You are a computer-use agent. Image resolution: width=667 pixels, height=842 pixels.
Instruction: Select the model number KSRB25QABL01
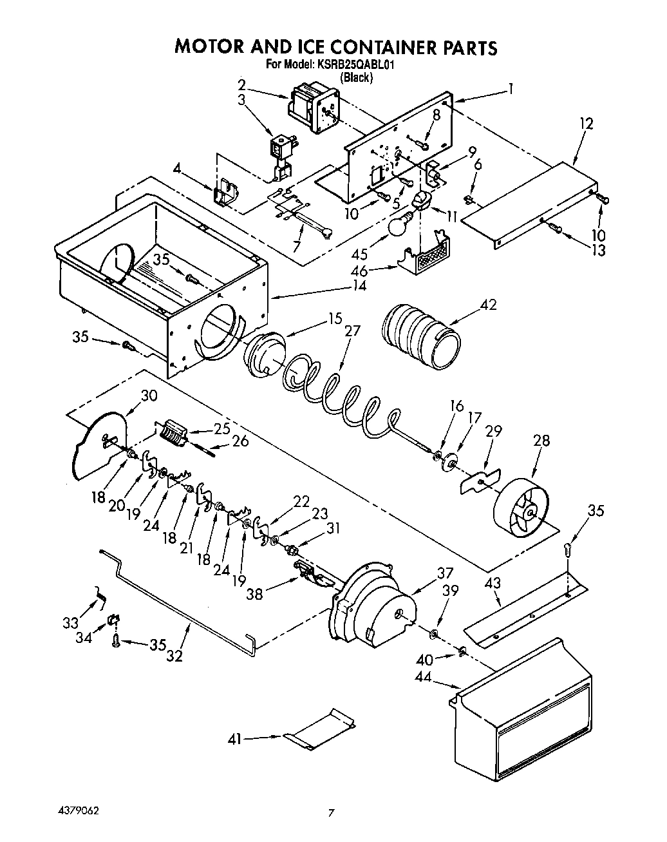pos(354,64)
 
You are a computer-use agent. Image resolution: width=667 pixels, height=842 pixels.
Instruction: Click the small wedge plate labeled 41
pos(322,730)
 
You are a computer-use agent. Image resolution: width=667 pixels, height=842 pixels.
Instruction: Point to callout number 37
pos(445,573)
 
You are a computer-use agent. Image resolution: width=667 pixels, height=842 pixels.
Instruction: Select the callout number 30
pos(149,395)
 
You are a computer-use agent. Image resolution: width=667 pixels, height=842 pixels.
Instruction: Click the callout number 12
pos(586,123)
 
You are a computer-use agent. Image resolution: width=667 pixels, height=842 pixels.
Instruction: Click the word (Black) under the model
pos(355,77)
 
